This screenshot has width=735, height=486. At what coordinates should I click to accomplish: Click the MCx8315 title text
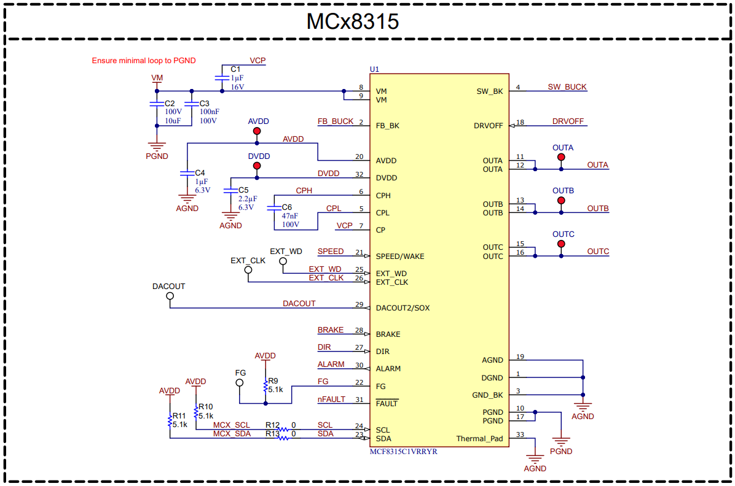353,21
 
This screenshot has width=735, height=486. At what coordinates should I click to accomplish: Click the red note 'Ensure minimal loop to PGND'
144,61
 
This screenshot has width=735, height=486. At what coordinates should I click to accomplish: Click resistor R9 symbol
265,387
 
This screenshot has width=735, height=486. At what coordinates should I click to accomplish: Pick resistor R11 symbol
170,420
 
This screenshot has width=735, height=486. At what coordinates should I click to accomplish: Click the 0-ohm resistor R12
283,430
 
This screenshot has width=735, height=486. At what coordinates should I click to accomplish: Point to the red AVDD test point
257,131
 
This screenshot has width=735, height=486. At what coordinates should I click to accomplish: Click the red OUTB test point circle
560,201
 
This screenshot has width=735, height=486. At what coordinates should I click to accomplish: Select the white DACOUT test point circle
170,296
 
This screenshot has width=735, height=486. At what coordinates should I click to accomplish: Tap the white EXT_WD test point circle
283,261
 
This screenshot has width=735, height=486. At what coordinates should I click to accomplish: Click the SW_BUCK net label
567,87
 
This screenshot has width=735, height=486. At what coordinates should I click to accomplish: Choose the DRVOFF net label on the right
568,121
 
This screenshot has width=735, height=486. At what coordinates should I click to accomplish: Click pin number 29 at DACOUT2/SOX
359,304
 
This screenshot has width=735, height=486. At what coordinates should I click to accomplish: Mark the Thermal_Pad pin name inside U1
479,438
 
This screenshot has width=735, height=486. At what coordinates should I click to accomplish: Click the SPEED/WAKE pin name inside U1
399,256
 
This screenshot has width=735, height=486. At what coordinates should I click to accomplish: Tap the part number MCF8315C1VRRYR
403,452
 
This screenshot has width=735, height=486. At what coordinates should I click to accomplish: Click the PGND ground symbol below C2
157,148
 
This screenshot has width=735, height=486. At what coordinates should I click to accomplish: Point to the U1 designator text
374,68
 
